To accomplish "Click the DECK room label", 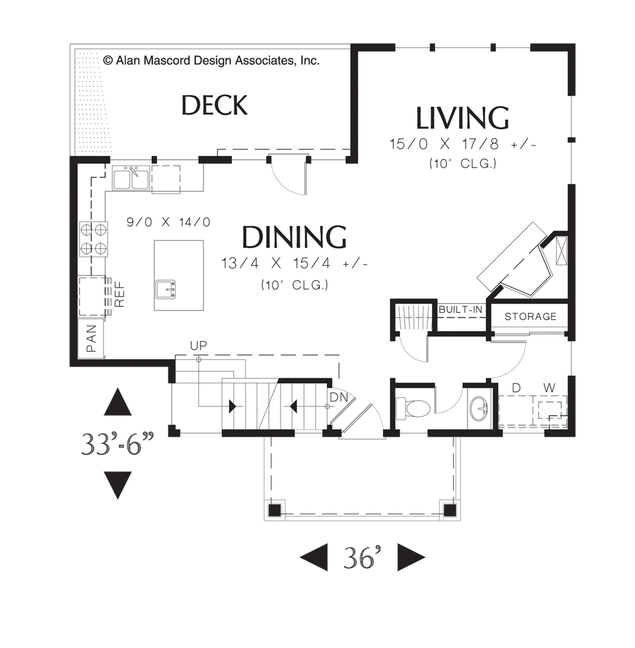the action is tap(214, 105).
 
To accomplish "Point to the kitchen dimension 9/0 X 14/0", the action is tap(168, 222).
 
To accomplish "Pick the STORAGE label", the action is tap(530, 316).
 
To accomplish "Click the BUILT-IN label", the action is tap(460, 309).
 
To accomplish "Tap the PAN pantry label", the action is tap(91, 339).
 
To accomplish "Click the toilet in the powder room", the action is tap(413, 407).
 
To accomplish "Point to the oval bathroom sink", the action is tap(479, 409).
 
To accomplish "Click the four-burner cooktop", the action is tap(93, 239).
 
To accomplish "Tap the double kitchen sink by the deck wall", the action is tap(131, 179).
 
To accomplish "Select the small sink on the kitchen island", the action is tap(166, 289).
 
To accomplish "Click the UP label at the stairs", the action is tap(198, 345).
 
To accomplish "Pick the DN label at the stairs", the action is tap(339, 397).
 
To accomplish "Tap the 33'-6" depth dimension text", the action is tap(118, 444).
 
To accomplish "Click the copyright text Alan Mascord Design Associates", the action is tap(211, 60).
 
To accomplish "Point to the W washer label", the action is tap(549, 388).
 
